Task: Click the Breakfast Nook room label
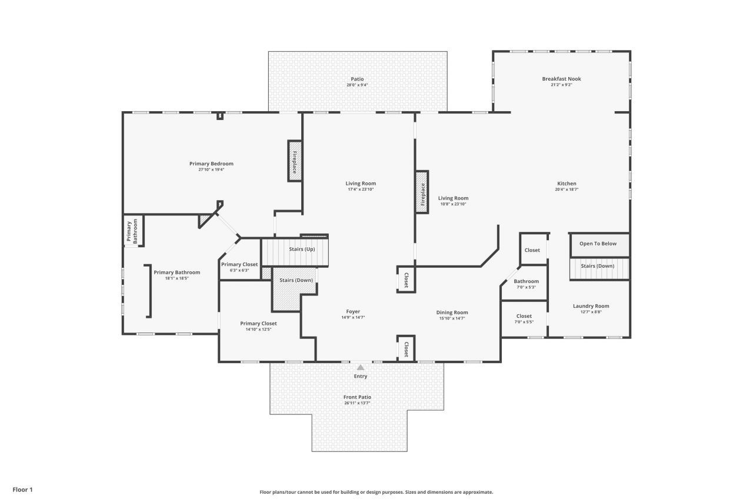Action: (561, 79)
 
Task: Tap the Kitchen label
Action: (566, 184)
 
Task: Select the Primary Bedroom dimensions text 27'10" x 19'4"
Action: (211, 169)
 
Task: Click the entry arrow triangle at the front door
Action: (361, 367)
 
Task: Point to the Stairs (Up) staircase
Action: (294, 251)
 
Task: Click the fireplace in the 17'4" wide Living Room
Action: (422, 191)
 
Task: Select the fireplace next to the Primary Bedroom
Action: (295, 161)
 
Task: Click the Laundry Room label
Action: (591, 306)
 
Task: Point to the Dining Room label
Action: (452, 312)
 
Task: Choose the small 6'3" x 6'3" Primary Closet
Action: (239, 265)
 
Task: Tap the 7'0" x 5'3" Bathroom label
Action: (526, 281)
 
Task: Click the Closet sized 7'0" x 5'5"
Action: (524, 317)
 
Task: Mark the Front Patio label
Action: (357, 397)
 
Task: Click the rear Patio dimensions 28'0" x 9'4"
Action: (357, 85)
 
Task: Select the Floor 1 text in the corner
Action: (23, 490)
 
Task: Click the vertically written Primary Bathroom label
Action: (132, 231)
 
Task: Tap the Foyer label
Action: (353, 312)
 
